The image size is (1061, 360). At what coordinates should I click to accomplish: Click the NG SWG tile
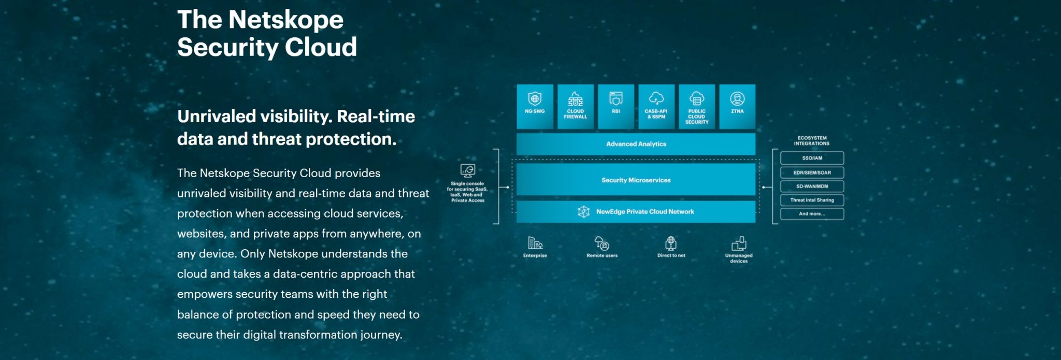(x=535, y=106)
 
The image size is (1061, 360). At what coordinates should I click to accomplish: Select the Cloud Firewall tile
(x=575, y=106)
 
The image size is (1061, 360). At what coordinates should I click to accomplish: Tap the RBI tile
(x=615, y=106)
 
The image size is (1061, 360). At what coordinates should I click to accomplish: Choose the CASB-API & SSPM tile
(x=656, y=106)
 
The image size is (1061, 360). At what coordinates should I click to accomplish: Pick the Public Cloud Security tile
(x=697, y=106)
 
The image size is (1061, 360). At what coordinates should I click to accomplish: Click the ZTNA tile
(x=737, y=106)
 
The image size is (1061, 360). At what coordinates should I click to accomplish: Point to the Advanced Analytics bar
(x=636, y=144)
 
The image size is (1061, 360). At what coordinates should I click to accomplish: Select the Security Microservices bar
(x=636, y=180)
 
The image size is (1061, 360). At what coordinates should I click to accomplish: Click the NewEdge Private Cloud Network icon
(x=584, y=212)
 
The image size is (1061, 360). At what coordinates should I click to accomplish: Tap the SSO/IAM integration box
(x=812, y=158)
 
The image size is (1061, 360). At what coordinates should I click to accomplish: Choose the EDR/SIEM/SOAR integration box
(x=812, y=172)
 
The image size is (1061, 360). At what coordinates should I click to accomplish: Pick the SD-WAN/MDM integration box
(x=812, y=186)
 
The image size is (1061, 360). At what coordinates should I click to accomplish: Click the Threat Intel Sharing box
(x=812, y=200)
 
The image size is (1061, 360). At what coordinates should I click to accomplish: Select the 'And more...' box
(x=812, y=213)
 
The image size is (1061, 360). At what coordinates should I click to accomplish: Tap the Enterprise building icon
(x=535, y=242)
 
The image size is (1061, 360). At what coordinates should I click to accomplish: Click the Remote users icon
(x=602, y=243)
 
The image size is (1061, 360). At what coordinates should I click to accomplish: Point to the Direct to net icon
(x=671, y=243)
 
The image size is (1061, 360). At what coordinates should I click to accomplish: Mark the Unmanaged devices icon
(x=739, y=243)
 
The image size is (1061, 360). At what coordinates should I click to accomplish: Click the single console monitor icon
(x=468, y=170)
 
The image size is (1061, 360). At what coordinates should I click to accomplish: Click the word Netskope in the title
(x=286, y=20)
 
